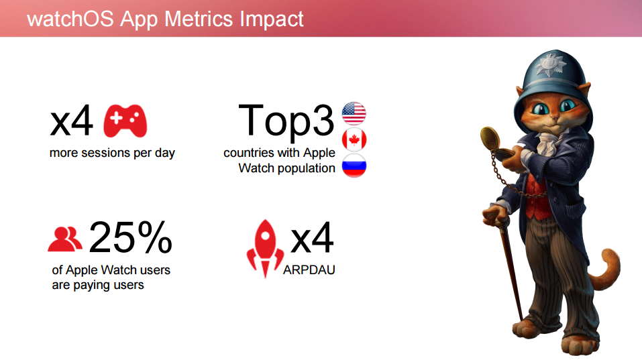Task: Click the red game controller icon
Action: [x=125, y=121]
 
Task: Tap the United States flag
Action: [x=354, y=113]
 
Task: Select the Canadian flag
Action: [x=354, y=139]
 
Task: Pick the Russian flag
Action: [x=354, y=166]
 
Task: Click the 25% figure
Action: [x=130, y=237]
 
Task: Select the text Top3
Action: [x=286, y=120]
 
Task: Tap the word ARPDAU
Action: [x=309, y=270]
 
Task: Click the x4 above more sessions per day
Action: [x=71, y=121]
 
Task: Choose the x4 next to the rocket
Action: [x=312, y=238]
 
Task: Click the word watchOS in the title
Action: [x=70, y=19]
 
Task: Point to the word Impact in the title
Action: [x=272, y=19]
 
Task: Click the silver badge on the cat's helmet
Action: [x=551, y=64]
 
